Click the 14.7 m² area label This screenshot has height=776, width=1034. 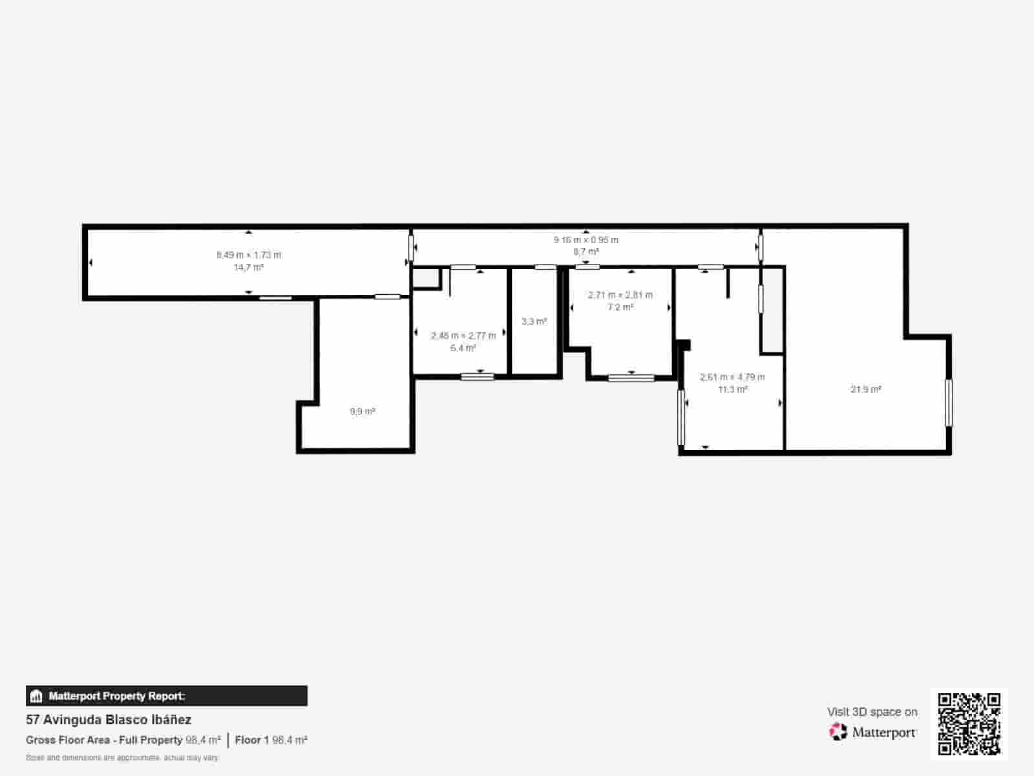tap(249, 267)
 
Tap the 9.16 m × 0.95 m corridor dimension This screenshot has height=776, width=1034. tap(586, 240)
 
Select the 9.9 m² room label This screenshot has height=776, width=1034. tap(362, 411)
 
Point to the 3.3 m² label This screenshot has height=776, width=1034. tap(534, 321)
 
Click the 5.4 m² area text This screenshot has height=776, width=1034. tap(463, 348)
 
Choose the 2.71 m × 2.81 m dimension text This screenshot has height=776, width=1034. tap(620, 295)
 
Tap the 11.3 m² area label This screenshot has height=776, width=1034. tap(732, 389)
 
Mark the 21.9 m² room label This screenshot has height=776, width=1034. tap(865, 389)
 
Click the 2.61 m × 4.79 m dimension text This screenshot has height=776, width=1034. tap(732, 377)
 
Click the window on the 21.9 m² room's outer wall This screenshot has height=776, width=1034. tap(949, 402)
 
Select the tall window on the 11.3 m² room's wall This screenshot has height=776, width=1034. tap(681, 417)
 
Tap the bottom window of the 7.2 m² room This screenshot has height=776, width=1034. tap(631, 378)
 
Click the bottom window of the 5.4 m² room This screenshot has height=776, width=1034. tap(478, 376)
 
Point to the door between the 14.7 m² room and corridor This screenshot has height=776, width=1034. tap(411, 248)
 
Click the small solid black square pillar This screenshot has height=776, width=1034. tap(684, 345)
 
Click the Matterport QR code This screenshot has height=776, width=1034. tap(969, 724)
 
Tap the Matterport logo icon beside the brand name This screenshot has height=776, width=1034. tap(838, 732)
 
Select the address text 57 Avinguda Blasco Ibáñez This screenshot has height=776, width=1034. tap(109, 719)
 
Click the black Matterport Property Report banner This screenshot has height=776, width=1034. tap(167, 696)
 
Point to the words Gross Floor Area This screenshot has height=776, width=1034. tap(68, 740)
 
